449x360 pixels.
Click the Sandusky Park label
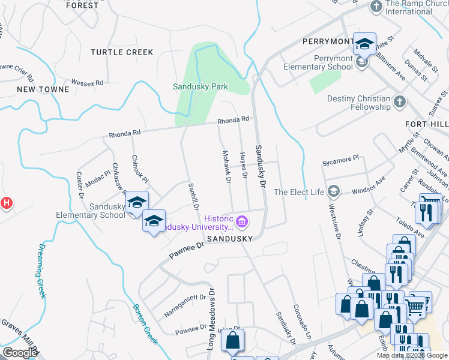(200, 87)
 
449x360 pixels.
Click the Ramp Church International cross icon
(376, 7)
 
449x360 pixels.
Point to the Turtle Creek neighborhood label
(122, 52)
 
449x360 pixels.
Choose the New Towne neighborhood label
(43, 89)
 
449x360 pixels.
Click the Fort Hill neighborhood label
(427, 124)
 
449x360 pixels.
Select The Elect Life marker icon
(333, 192)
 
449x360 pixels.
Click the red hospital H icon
(6, 203)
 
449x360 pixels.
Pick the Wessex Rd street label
(87, 82)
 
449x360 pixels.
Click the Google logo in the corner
(19, 353)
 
